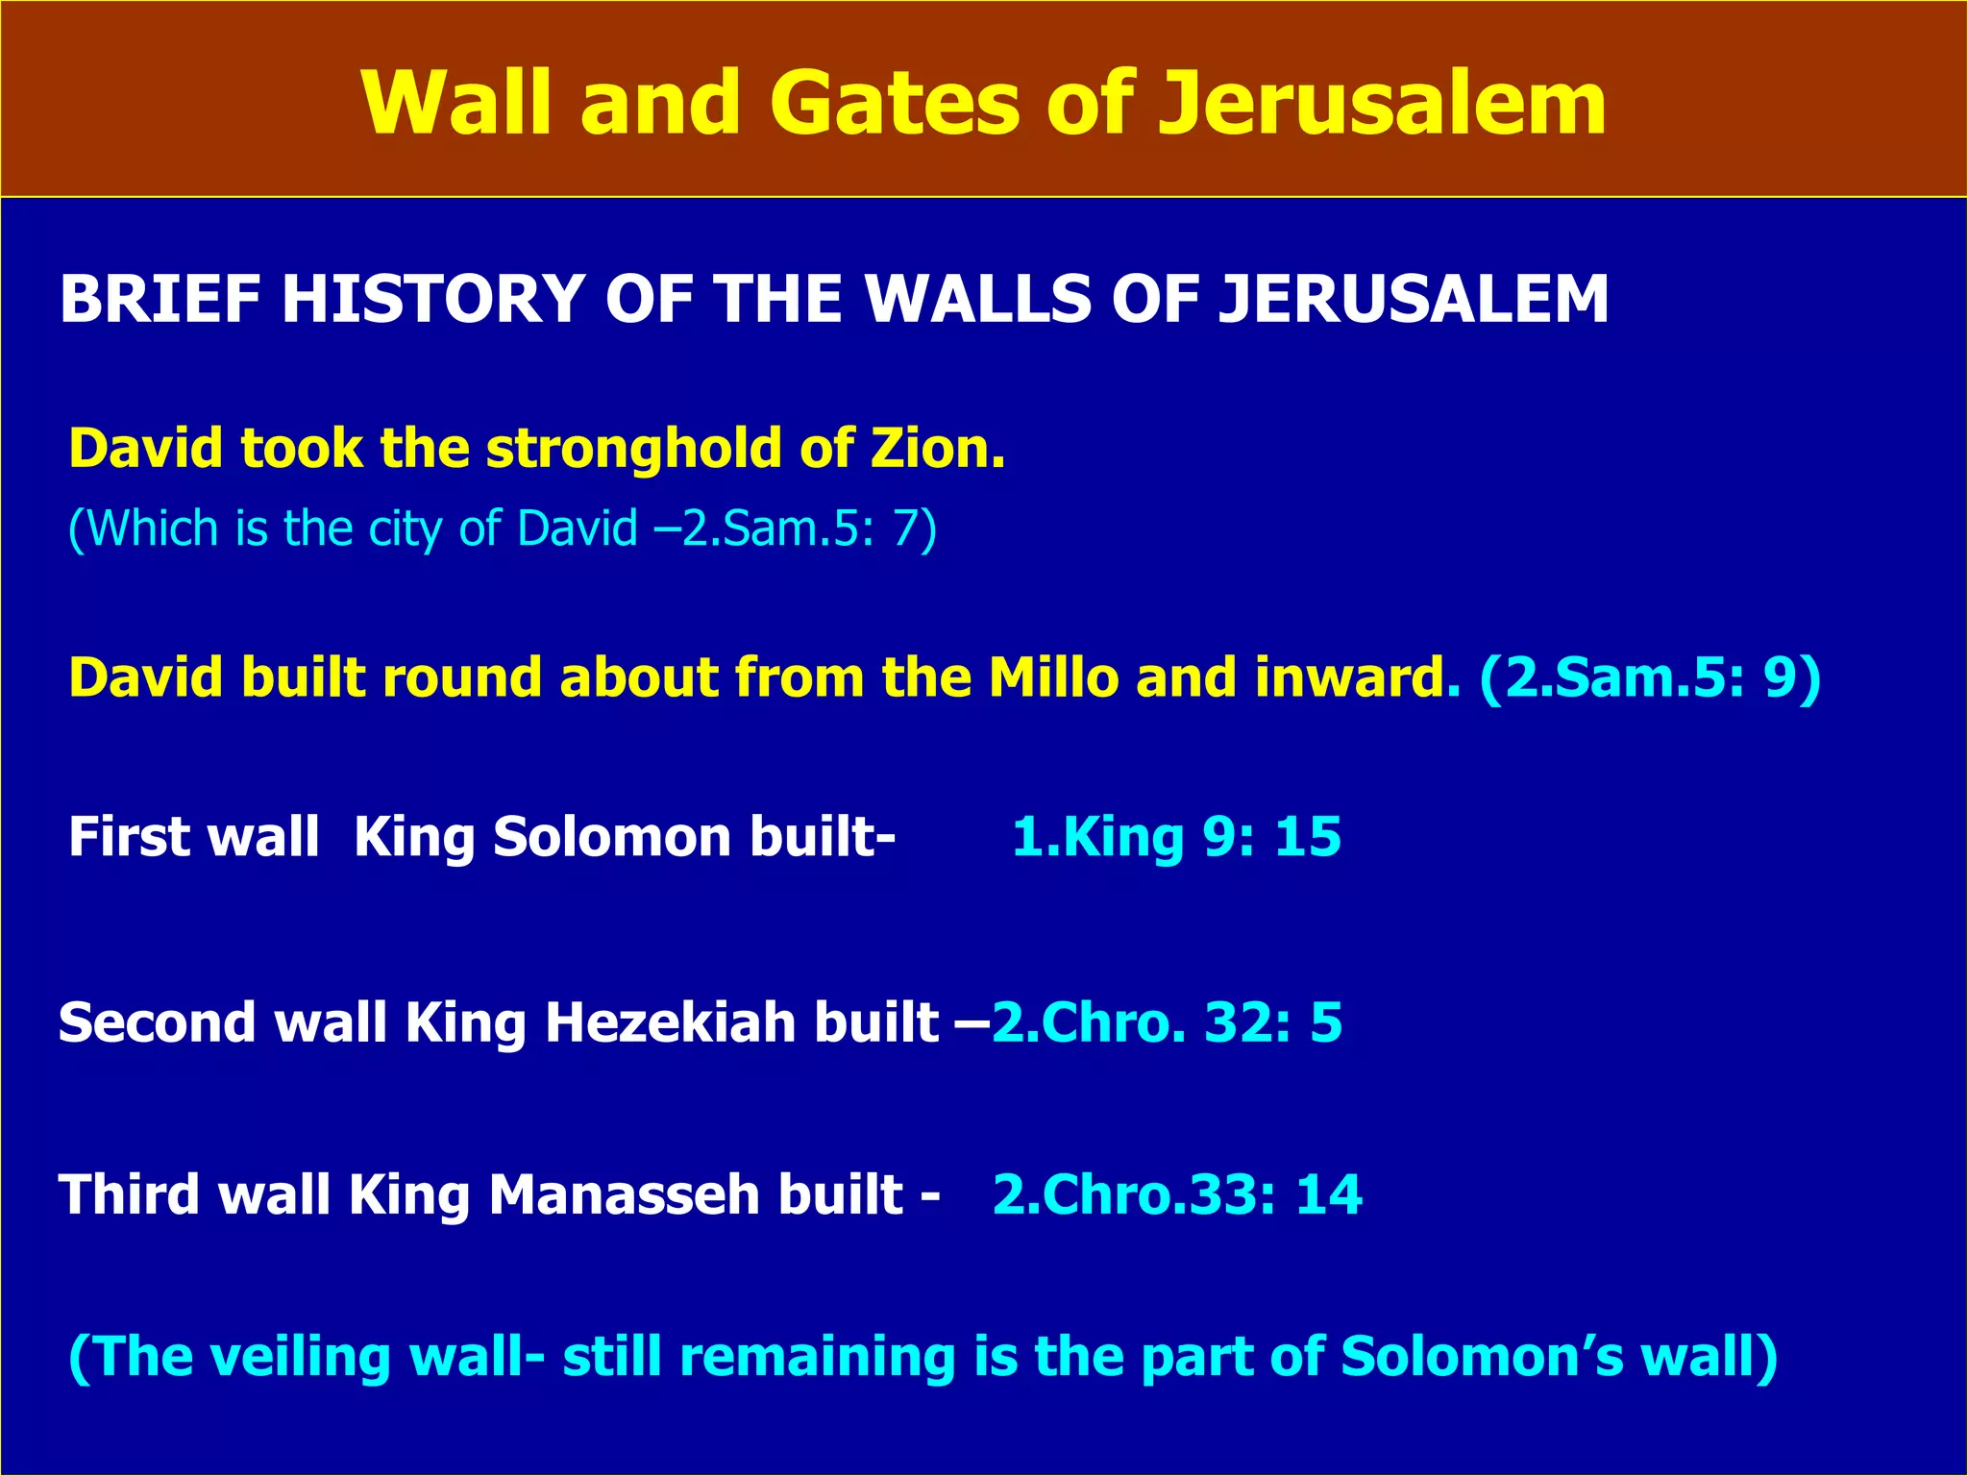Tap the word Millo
coord(1053,677)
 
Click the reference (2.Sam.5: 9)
coord(1649,677)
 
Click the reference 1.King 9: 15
coord(1176,837)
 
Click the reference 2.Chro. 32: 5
coord(1167,1022)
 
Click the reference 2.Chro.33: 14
coord(1177,1195)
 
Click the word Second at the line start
coord(157,1022)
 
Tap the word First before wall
coord(127,837)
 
